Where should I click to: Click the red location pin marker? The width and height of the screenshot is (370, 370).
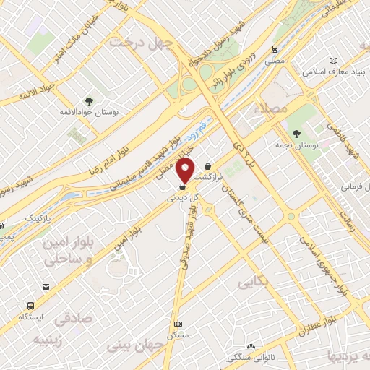[x=186, y=170]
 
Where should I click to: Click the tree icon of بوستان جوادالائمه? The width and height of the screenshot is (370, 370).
[x=89, y=101]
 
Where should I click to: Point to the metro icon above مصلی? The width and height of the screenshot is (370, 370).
[x=275, y=50]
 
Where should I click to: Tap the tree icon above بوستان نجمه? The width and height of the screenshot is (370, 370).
[x=297, y=133]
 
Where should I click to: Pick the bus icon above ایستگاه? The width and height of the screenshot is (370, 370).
[x=31, y=306]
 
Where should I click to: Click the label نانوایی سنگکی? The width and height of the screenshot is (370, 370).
[x=248, y=357]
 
